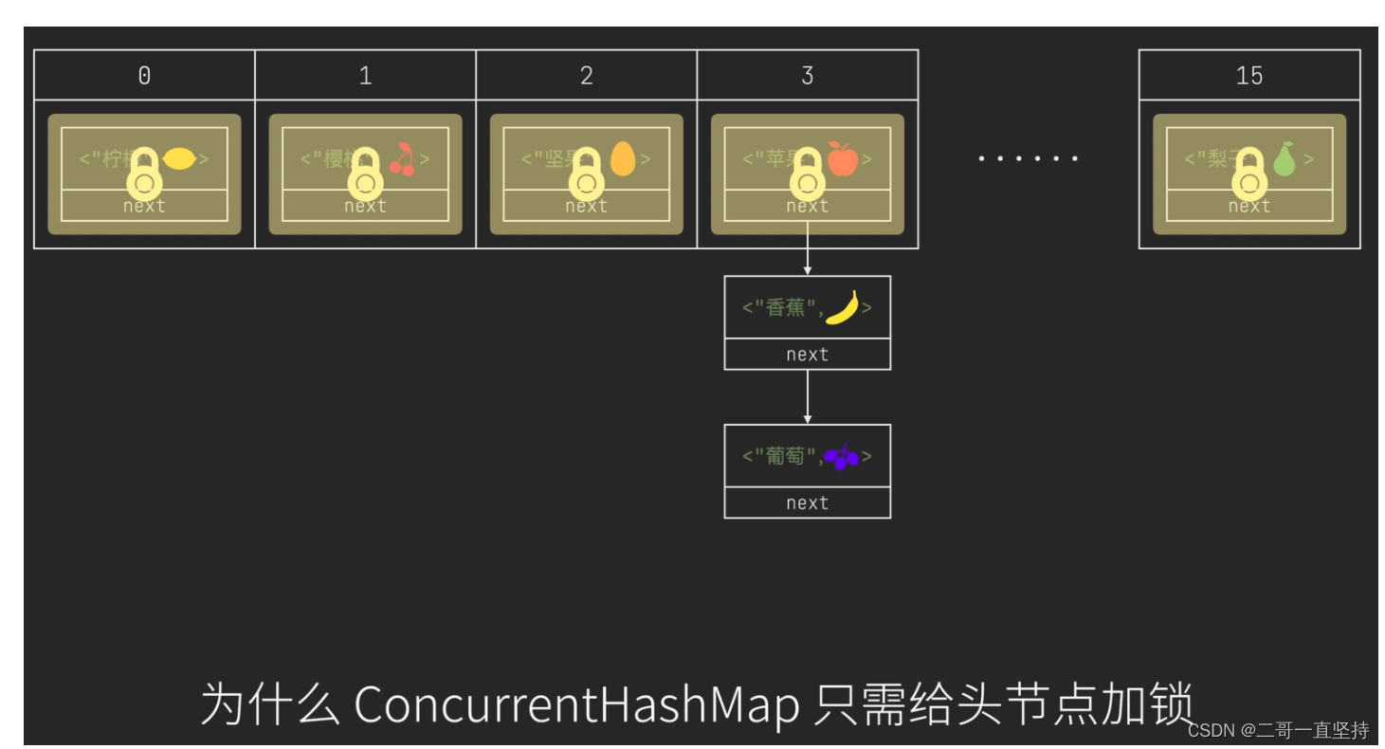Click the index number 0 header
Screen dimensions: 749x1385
144,76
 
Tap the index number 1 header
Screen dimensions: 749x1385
365,76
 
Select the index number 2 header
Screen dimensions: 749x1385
587,76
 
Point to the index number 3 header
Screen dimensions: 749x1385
808,76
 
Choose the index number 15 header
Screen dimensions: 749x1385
1249,76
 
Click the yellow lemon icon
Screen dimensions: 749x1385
179,159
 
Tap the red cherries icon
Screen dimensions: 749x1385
402,159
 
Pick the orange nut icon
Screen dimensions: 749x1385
622,158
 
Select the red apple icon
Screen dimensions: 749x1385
842,158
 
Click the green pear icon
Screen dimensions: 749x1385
1284,158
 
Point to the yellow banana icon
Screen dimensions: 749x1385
843,307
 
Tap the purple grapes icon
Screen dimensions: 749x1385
842,457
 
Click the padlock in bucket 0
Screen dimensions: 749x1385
144,173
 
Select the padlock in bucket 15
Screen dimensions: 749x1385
1249,173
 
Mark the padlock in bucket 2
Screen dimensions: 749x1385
587,173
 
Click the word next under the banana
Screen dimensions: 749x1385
808,355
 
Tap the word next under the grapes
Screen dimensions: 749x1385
808,503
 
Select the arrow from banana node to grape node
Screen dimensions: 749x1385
808,396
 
